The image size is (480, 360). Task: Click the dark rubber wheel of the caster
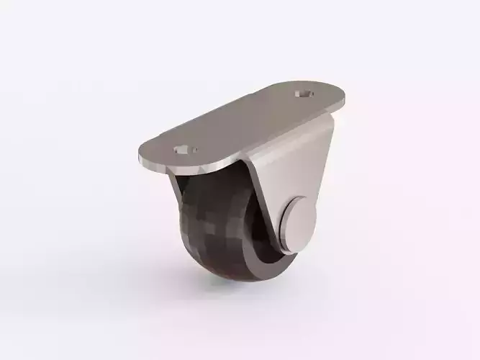[209, 230]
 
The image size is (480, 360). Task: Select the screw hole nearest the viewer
[184, 150]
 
